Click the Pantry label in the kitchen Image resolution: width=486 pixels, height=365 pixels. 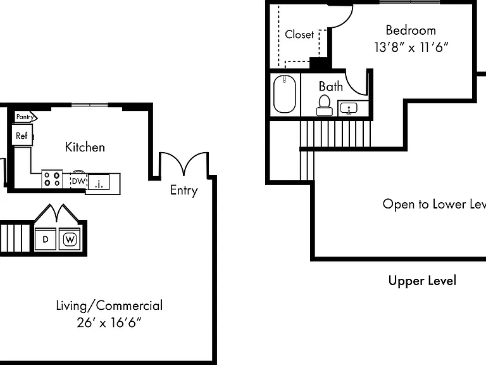coord(25,117)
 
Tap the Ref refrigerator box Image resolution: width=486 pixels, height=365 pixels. coord(22,134)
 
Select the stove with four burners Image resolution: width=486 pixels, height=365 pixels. coord(52,179)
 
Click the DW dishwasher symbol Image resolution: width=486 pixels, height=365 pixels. coord(78,181)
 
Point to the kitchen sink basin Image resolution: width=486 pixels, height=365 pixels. coord(99,182)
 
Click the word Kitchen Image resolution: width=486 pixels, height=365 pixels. coord(85,147)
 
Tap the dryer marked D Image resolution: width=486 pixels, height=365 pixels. coord(46,239)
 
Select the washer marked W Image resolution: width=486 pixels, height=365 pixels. coord(70,239)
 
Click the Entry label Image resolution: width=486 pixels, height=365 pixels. coord(184,190)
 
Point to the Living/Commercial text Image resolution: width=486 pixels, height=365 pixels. coord(109,305)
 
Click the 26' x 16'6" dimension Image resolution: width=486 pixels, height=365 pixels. coord(109,323)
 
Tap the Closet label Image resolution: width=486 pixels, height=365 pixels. coord(299,34)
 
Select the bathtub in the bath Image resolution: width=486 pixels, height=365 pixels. coord(285,94)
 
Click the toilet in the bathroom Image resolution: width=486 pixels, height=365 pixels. coord(325,106)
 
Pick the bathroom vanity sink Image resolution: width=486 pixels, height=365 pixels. coord(349,108)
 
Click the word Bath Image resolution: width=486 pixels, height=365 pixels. coord(331,86)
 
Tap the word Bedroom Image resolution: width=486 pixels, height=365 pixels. coord(411,30)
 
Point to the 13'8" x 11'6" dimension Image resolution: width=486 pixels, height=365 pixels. coord(411,48)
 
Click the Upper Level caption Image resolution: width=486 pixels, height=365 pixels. coord(422,281)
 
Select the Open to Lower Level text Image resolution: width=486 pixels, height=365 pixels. coord(434,204)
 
